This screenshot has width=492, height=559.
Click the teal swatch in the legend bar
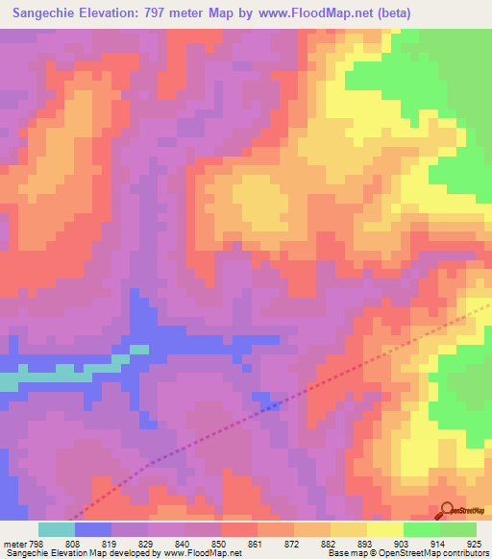click(57, 529)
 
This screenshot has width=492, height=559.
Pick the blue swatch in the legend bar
click(93, 529)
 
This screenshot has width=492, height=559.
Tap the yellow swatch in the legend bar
click(385, 529)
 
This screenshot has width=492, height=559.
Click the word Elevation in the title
click(123, 13)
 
